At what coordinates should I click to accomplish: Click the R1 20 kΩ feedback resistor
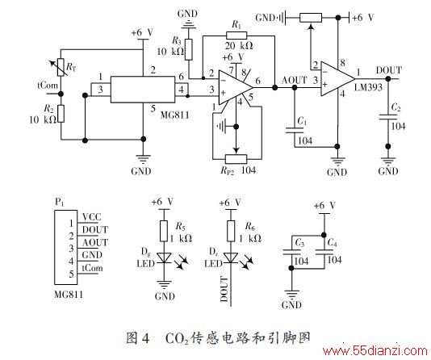[236, 36]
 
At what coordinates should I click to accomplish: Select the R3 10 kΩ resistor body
[188, 49]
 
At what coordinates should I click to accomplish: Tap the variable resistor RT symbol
[61, 67]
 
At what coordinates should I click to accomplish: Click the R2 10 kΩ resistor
[61, 114]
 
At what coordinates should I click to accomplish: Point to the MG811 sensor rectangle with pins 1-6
[143, 90]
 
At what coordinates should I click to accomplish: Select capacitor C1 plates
[295, 130]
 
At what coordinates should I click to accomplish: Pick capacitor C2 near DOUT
[388, 117]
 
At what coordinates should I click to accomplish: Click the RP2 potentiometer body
[236, 159]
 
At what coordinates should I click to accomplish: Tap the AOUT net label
[294, 80]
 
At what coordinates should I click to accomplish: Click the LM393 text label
[368, 88]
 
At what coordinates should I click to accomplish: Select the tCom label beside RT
[48, 86]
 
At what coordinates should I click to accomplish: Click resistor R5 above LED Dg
[164, 231]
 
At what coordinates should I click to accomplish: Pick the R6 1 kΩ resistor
[231, 231]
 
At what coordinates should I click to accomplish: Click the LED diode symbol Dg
[164, 258]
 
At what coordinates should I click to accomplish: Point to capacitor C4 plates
[324, 253]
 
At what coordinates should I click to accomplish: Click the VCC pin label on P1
[92, 217]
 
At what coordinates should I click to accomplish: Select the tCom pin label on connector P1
[92, 268]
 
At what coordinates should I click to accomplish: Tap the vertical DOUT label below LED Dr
[224, 289]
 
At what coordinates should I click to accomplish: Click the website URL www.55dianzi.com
[375, 351]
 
